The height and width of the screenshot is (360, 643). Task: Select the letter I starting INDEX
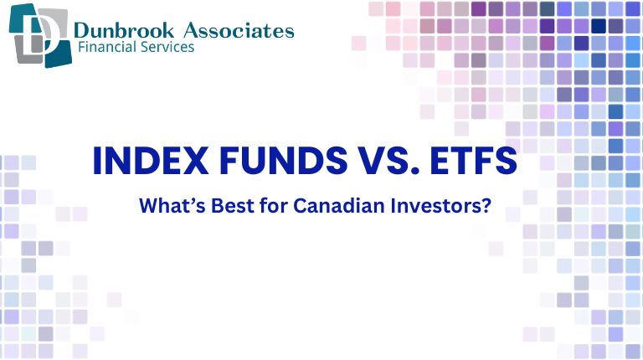tap(95, 162)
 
